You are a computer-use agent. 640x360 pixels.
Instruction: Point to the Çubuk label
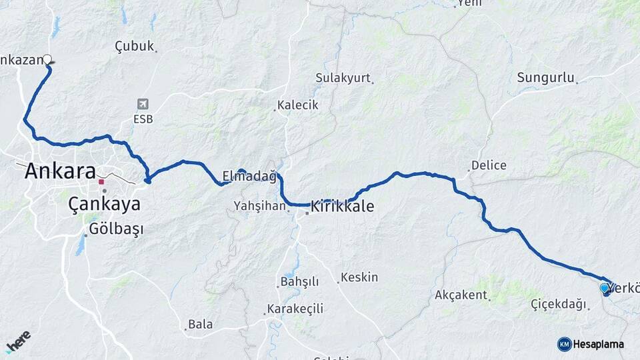(x=135, y=46)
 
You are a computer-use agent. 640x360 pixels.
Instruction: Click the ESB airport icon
(x=143, y=104)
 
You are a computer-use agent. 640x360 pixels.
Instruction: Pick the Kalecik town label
(x=298, y=105)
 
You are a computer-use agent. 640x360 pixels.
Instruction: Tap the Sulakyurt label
(x=343, y=78)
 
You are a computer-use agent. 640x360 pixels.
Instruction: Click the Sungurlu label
(x=545, y=77)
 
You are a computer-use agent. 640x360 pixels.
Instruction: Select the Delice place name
(x=489, y=165)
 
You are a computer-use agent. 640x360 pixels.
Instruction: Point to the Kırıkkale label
(x=342, y=207)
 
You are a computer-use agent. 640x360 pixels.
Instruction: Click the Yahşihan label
(x=259, y=207)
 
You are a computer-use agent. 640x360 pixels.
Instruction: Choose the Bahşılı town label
(x=301, y=282)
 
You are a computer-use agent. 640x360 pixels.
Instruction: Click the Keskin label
(x=359, y=277)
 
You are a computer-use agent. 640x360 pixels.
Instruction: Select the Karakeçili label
(x=295, y=309)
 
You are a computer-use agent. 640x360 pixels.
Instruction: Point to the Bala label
(x=200, y=325)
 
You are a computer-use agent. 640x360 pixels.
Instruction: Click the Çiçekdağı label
(x=559, y=304)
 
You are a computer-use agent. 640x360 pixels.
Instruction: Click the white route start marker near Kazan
(x=47, y=59)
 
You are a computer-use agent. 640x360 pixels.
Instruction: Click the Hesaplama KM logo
(x=591, y=344)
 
